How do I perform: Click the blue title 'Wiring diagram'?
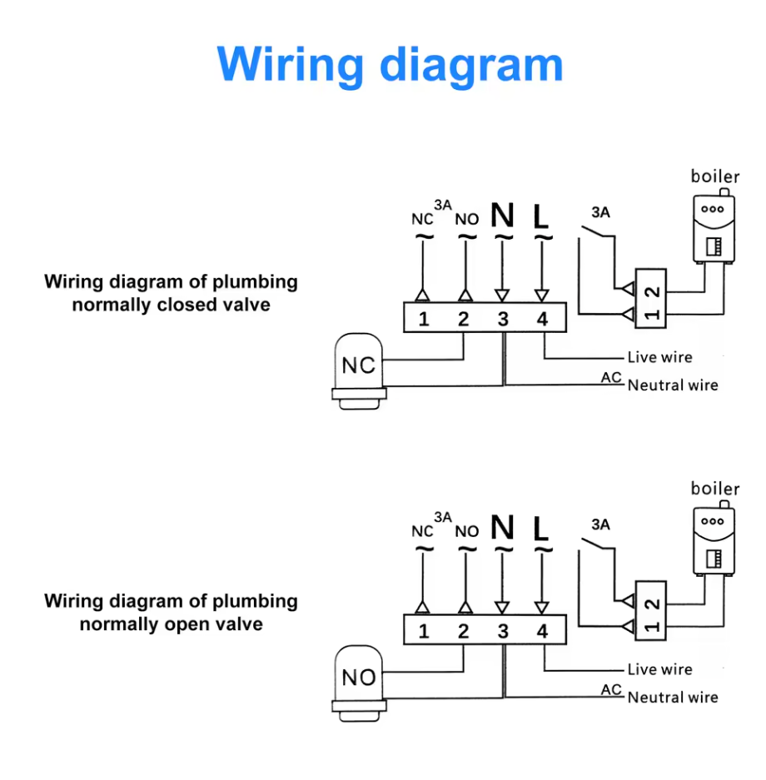(390, 66)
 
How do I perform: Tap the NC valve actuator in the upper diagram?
(359, 371)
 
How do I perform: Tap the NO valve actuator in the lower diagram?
(359, 683)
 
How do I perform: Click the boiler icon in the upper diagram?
(714, 226)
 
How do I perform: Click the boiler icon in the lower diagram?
(714, 539)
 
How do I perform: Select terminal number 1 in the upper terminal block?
(424, 319)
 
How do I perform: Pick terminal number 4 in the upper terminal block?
(542, 319)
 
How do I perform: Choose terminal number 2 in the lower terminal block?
(463, 631)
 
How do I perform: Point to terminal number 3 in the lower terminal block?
(503, 631)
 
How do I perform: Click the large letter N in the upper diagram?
(502, 215)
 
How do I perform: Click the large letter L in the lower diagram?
(540, 529)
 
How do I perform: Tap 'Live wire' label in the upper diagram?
(660, 357)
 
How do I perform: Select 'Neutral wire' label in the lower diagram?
(673, 698)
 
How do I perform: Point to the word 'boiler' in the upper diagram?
(715, 176)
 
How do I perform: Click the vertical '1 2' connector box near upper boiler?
(650, 299)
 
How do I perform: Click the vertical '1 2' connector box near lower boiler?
(650, 611)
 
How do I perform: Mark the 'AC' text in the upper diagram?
(611, 378)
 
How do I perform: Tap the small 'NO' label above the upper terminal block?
(467, 220)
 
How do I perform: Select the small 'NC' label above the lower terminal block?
(422, 532)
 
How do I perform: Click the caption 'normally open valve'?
(172, 624)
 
